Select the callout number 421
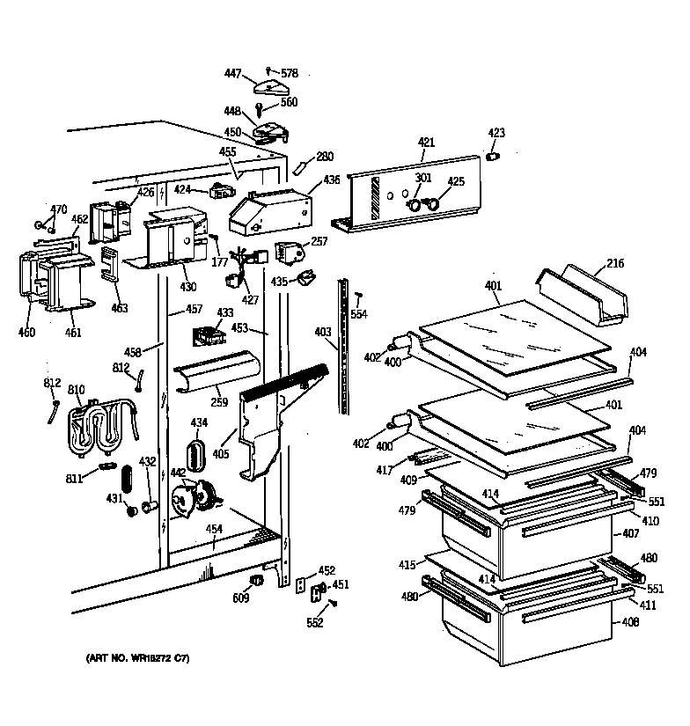coord(426,142)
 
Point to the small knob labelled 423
coord(493,157)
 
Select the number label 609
coord(240,598)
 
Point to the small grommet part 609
coord(258,581)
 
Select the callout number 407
coord(630,534)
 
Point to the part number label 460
coord(26,333)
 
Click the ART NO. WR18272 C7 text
coord(137,658)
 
